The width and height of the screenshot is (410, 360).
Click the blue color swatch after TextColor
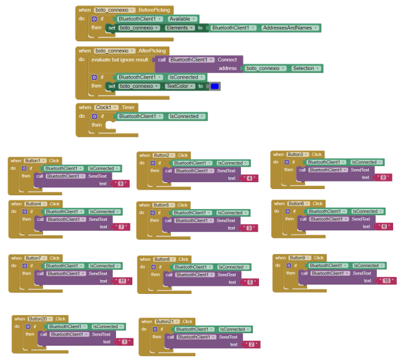coord(215,86)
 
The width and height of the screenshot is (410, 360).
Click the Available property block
coord(182,19)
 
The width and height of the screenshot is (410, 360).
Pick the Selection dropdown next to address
coord(305,68)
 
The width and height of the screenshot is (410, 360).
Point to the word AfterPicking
coord(152,51)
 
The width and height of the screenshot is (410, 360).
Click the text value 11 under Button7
coord(122,281)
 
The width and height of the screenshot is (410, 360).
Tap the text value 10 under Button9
coord(386,281)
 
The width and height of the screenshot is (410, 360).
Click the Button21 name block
coord(165,321)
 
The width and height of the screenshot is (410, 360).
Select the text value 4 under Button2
coord(249,178)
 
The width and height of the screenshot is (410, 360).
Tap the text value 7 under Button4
coord(121,226)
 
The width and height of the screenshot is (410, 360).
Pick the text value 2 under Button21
coord(251,344)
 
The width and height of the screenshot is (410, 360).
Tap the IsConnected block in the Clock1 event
coord(183,116)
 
